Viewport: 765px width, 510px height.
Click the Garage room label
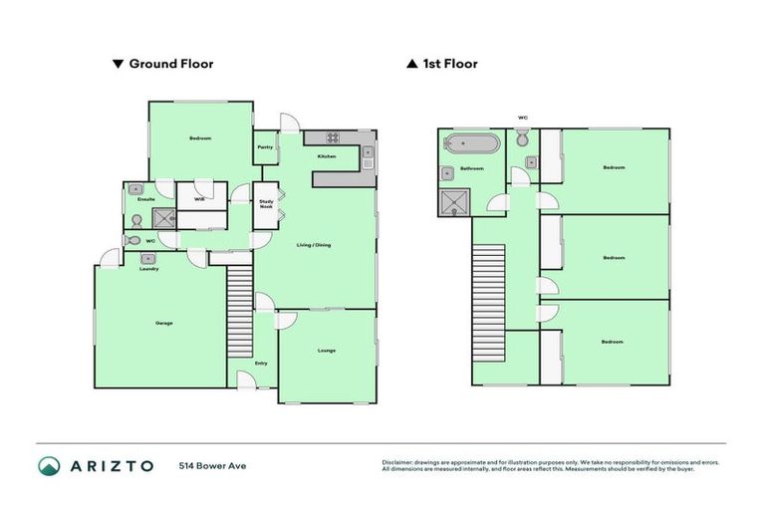163,323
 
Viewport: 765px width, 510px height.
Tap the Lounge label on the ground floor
327,351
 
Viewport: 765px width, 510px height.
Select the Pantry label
265,147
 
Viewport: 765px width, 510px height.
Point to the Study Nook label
266,203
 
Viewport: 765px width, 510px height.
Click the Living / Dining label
315,245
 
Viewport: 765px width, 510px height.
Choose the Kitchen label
326,157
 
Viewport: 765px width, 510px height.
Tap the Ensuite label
146,199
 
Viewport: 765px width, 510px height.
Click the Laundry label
149,269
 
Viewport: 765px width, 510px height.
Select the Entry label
261,363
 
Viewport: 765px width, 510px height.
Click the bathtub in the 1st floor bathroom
471,143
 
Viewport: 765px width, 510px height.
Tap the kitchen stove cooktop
331,137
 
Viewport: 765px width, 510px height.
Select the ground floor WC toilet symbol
132,240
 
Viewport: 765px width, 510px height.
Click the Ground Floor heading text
170,64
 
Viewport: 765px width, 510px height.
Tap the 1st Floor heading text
449,64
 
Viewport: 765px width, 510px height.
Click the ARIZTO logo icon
50,466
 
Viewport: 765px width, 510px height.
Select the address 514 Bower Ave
212,466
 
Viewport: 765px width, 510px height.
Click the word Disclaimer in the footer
397,462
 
